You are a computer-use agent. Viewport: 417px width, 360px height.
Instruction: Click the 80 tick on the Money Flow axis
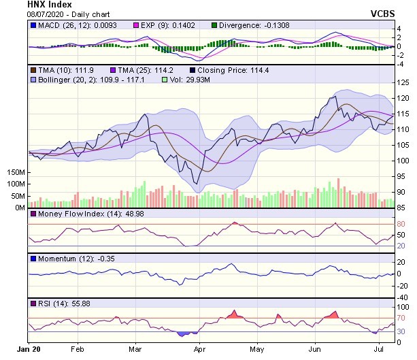401,224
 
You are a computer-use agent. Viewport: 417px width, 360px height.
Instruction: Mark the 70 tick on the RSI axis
401,318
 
